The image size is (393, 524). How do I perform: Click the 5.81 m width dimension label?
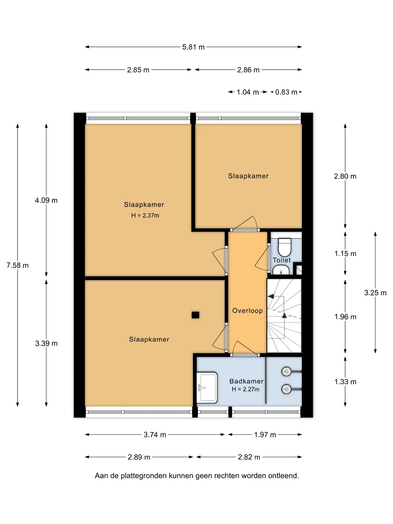tap(193, 47)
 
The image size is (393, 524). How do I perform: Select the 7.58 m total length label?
tap(17, 265)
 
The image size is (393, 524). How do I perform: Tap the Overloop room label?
tap(248, 311)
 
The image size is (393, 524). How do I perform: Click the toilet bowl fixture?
tap(285, 247)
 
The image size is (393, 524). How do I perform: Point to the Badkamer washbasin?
tap(207, 388)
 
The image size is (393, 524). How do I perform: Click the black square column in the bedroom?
tap(195, 315)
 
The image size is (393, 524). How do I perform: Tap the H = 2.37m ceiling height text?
tap(145, 215)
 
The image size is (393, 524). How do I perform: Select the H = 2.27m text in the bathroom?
tap(246, 389)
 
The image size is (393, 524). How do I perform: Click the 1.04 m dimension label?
tap(248, 92)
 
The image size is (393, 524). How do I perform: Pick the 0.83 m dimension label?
tap(286, 92)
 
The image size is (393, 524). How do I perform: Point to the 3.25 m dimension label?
tap(375, 293)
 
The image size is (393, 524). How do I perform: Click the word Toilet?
tap(282, 260)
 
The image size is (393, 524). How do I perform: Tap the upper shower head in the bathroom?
tap(287, 371)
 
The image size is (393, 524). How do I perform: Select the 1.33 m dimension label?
tap(345, 382)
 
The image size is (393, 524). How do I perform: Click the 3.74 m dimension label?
tap(155, 435)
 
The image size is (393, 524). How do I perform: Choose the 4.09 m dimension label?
tap(46, 200)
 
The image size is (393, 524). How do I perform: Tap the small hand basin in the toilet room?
tap(281, 270)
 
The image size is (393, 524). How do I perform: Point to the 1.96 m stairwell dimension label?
tap(345, 317)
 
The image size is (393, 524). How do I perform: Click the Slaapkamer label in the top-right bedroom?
tap(248, 176)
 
